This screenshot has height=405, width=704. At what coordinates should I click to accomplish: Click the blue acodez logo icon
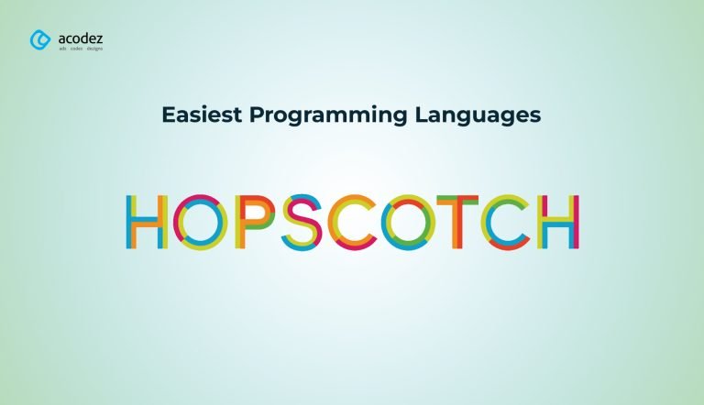[x=40, y=40]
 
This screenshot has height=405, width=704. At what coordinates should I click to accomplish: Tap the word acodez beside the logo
[x=81, y=38]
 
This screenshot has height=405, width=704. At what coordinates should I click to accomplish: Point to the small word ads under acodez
[x=62, y=49]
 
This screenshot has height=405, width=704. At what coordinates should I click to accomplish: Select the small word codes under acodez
[x=76, y=49]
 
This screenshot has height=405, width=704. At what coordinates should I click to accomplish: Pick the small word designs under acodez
[x=94, y=49]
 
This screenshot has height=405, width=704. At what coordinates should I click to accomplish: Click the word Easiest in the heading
[x=202, y=115]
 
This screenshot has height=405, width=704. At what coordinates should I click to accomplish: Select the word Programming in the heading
[x=328, y=115]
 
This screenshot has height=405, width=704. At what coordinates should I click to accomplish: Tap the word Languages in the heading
[x=478, y=115]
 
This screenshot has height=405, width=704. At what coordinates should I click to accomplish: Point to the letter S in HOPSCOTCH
[x=302, y=222]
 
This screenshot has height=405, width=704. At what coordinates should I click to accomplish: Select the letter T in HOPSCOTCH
[x=457, y=222]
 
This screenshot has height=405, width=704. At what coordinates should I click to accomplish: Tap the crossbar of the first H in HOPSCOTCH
[x=147, y=222]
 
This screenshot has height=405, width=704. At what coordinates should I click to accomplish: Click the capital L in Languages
[x=422, y=115]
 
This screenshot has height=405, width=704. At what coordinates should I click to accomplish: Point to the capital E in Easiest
[x=169, y=115]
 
